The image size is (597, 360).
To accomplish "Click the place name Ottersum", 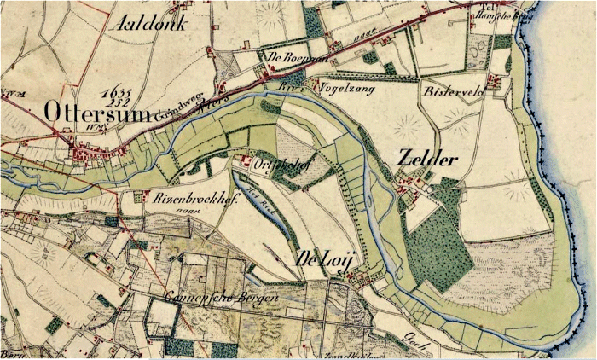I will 95,113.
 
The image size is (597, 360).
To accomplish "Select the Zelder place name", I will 427,160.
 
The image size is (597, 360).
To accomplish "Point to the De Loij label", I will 322,258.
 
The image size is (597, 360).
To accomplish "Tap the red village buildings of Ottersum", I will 85,154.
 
